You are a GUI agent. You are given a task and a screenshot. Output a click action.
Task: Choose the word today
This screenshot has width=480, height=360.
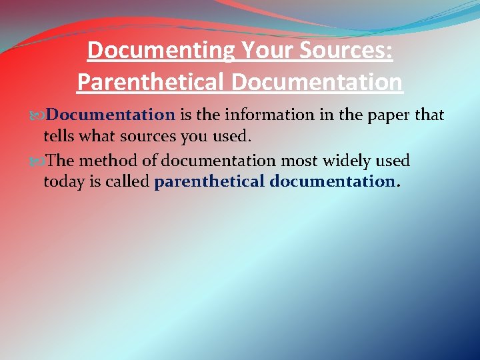point(63,181)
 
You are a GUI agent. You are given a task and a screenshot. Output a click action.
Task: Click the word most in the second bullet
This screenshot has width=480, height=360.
point(298,161)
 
